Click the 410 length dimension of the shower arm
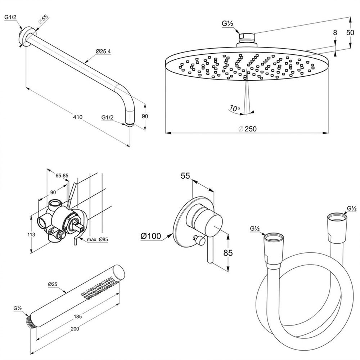point(78,117)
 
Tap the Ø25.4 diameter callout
point(103,51)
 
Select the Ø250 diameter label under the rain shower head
point(248,129)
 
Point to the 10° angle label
point(234,108)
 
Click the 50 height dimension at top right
point(350,32)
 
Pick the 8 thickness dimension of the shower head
point(335,33)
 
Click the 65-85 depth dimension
point(62,176)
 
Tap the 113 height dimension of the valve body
point(31,234)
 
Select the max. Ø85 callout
point(97,240)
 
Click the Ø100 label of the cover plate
point(151,236)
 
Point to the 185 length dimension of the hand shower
point(78,316)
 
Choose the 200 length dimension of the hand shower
point(75,329)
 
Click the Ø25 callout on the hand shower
point(53,284)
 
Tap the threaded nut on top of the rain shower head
point(247,38)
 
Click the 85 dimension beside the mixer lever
point(228,253)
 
